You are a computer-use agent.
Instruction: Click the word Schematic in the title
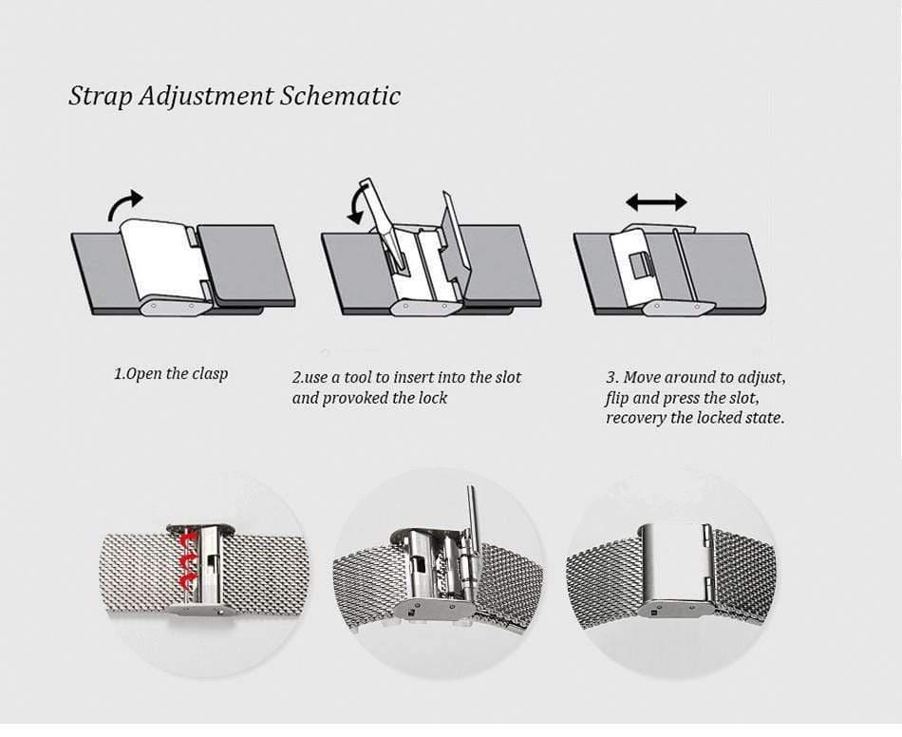339,97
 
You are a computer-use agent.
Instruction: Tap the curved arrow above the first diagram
124,202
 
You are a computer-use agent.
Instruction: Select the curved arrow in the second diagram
355,203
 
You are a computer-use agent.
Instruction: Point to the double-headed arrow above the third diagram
656,201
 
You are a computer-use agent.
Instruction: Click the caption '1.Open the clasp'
171,373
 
